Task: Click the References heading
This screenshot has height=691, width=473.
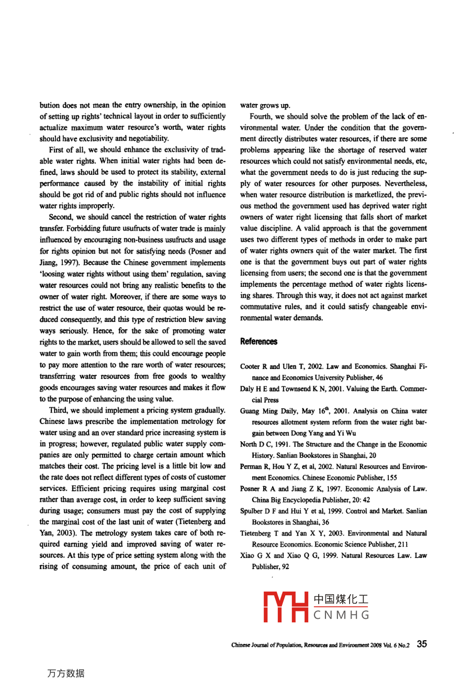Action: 258,342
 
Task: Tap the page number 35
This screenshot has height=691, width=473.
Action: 422,644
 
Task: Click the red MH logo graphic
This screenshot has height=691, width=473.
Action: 285,607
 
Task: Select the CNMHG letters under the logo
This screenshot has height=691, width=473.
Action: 342,615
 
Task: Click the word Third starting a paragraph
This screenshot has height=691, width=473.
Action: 59,410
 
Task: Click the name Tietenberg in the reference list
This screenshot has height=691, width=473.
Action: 256,533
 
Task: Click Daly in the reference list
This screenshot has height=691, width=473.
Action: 247,388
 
